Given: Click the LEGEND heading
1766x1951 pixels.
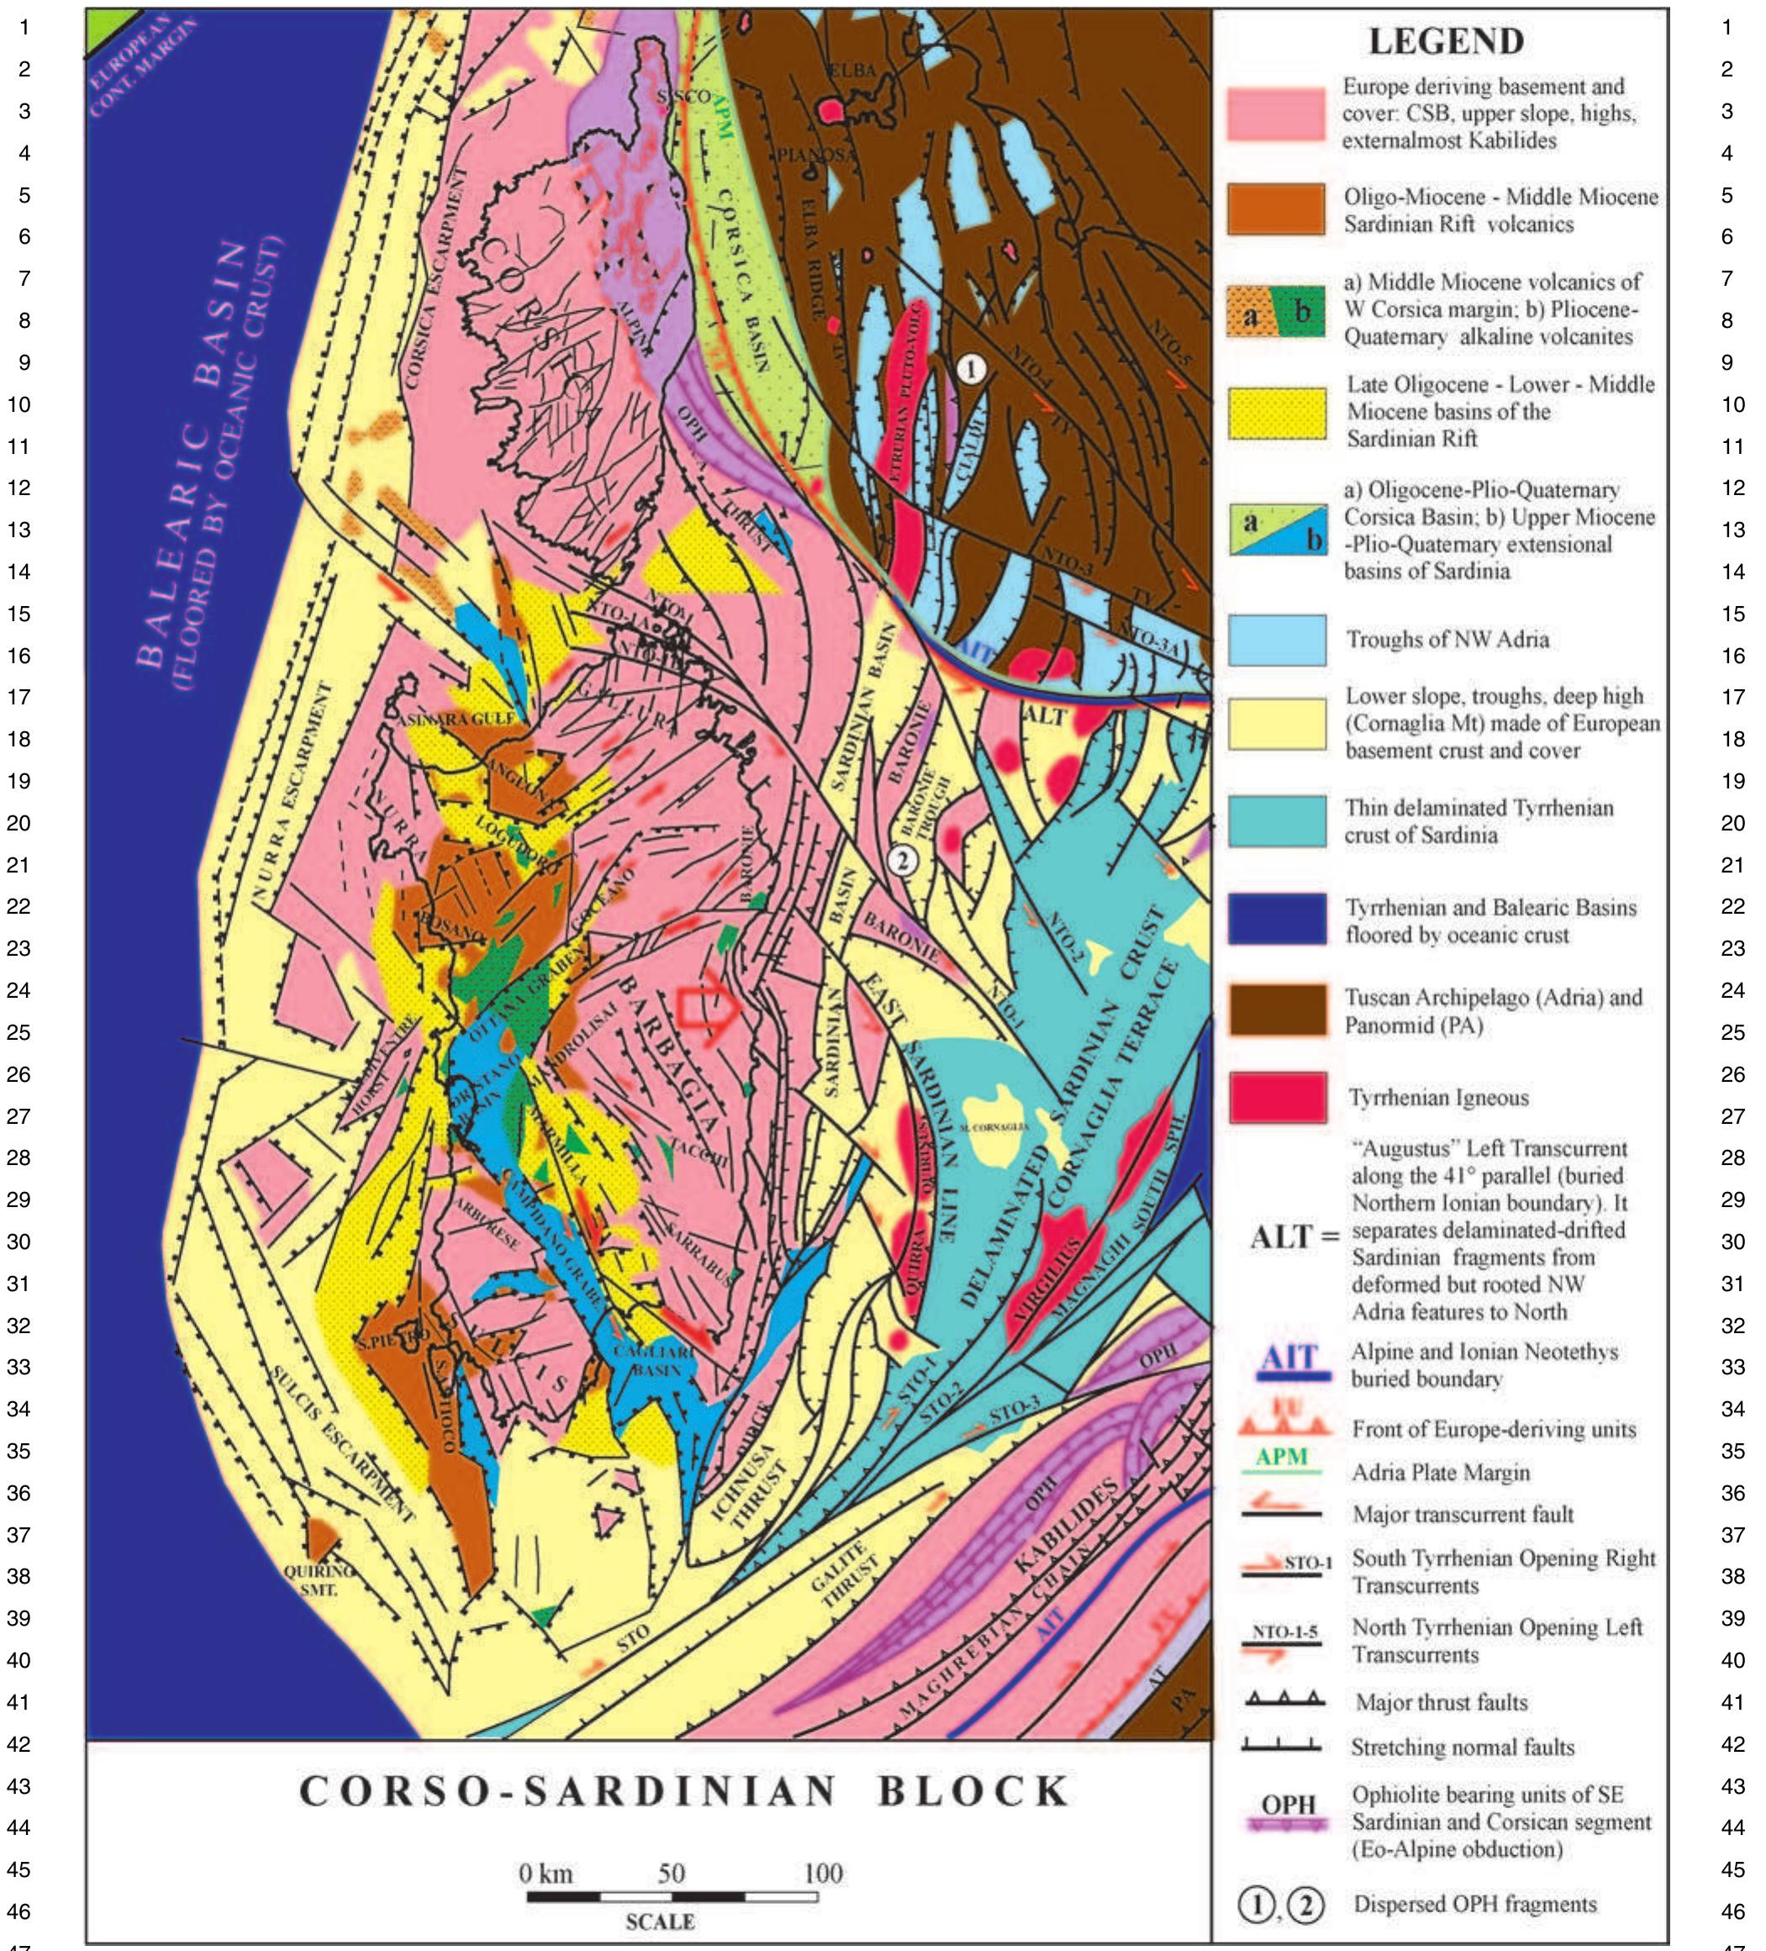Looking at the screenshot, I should click(x=1446, y=42).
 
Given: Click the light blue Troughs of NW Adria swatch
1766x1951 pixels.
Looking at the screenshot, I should click(x=1278, y=640).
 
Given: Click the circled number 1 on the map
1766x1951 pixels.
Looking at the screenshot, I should click(x=971, y=367).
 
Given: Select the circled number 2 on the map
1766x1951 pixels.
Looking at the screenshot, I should click(x=902, y=859).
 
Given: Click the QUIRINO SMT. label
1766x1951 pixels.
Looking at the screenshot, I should click(x=319, y=1579).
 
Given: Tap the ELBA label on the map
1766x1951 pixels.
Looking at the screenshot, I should click(x=851, y=71).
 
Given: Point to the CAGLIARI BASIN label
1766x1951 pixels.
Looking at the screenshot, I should click(x=657, y=1360).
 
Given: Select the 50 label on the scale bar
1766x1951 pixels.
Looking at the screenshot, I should click(x=672, y=1874).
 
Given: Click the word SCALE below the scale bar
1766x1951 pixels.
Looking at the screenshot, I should click(x=660, y=1922).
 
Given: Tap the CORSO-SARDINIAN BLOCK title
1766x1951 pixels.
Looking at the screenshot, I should click(x=684, y=1791).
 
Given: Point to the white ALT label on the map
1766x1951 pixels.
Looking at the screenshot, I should click(x=1044, y=716).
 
